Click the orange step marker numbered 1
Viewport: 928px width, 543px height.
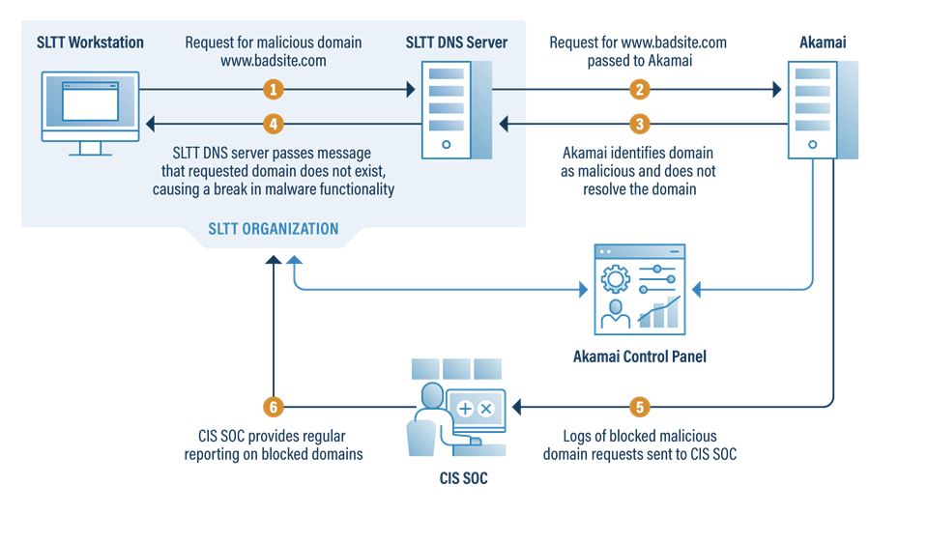click(x=275, y=90)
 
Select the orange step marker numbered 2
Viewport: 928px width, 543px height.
click(x=638, y=90)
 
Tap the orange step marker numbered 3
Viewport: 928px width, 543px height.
click(x=638, y=124)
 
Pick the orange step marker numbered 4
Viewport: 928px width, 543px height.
click(x=275, y=124)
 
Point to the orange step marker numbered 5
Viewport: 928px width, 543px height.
click(x=638, y=406)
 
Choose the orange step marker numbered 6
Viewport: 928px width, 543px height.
click(x=275, y=406)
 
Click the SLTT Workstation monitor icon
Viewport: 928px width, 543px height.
click(x=90, y=108)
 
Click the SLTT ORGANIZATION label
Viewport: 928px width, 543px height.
click(x=274, y=229)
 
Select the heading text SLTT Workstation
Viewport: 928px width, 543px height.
click(x=90, y=43)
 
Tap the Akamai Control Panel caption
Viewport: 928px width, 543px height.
click(x=639, y=357)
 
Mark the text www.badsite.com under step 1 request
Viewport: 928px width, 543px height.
click(x=274, y=60)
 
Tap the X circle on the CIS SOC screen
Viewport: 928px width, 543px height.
click(x=486, y=409)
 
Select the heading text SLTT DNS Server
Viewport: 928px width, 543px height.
click(x=456, y=43)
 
